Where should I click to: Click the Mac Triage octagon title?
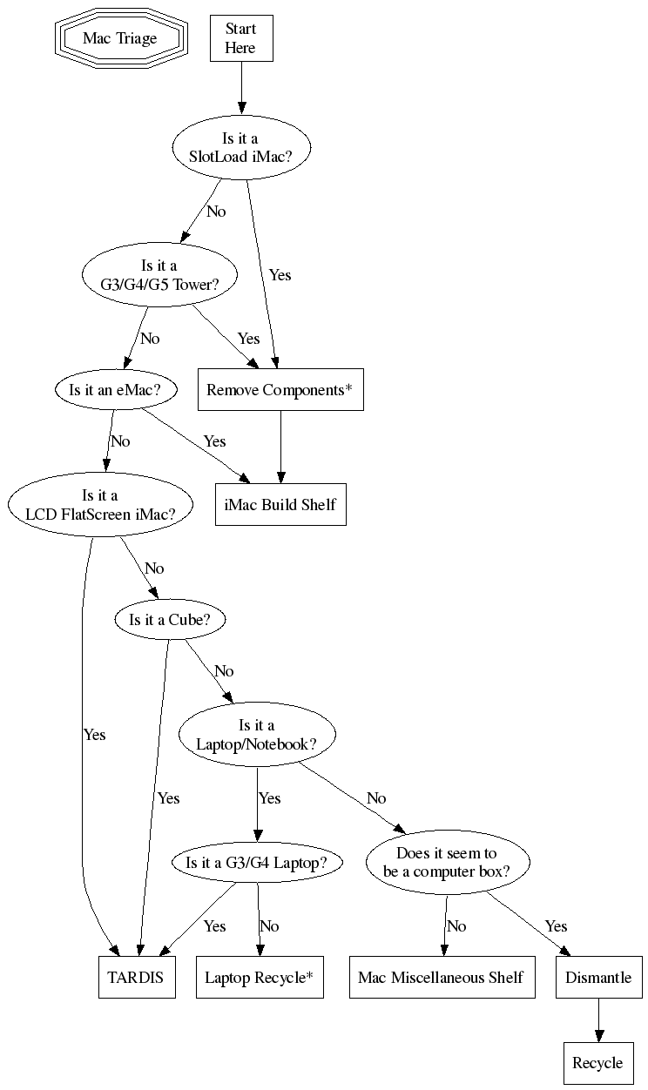(120, 38)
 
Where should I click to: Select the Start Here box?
(241, 39)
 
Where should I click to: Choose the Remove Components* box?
(280, 390)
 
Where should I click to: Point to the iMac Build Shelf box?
(280, 504)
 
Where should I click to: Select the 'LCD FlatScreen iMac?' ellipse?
(101, 505)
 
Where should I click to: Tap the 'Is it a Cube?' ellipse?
(170, 620)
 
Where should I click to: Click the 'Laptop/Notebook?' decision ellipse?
(257, 735)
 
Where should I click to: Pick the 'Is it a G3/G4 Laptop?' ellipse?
(257, 863)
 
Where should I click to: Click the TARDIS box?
(136, 977)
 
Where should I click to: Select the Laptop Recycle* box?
(259, 977)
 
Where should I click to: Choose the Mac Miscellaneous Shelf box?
(441, 977)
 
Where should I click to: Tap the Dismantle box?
(598, 977)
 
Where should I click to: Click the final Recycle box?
(597, 1062)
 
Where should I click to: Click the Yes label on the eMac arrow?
(215, 441)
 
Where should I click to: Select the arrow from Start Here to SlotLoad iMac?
(241, 87)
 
